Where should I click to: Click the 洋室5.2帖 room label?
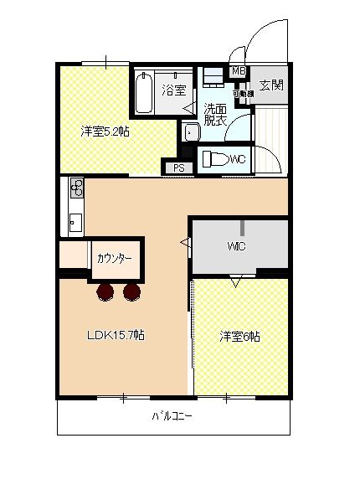click(x=105, y=131)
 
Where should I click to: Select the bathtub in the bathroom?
click(x=142, y=92)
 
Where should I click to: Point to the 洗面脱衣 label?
click(x=216, y=115)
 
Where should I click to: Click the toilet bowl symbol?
click(x=213, y=158)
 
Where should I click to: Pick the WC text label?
click(x=237, y=159)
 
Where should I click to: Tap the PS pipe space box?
click(x=179, y=168)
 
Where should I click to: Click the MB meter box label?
click(x=238, y=72)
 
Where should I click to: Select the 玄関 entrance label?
click(x=270, y=85)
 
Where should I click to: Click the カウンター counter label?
click(x=115, y=259)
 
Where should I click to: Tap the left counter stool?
click(x=105, y=291)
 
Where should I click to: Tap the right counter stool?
click(x=131, y=291)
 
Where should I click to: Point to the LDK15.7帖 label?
click(x=116, y=335)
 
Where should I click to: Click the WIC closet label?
click(x=235, y=247)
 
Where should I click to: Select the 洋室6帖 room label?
click(x=240, y=337)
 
